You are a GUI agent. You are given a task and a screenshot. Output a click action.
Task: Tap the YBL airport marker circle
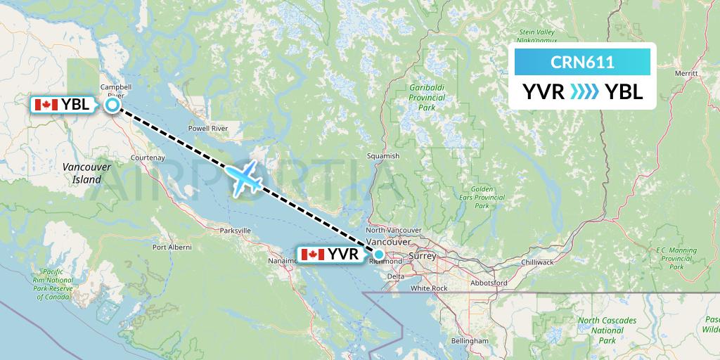(112, 105)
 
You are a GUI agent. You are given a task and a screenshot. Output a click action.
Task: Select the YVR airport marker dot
(379, 255)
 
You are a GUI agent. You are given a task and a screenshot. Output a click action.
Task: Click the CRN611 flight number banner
(582, 62)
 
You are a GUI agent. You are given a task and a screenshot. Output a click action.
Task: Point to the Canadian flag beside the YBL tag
(46, 105)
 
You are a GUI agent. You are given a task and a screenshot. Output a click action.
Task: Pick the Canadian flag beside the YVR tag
(311, 255)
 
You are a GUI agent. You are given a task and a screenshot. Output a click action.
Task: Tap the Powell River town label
(207, 129)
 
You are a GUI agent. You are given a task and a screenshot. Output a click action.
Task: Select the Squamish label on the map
(383, 156)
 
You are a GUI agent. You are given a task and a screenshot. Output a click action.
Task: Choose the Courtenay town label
(147, 157)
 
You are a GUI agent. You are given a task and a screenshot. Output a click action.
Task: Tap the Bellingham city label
(470, 340)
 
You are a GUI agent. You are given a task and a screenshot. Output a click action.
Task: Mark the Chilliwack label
(538, 262)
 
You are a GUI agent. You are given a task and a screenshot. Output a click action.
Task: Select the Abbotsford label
(490, 283)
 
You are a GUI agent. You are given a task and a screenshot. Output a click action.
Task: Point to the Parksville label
(235, 230)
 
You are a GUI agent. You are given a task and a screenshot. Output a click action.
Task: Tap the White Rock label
(430, 288)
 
